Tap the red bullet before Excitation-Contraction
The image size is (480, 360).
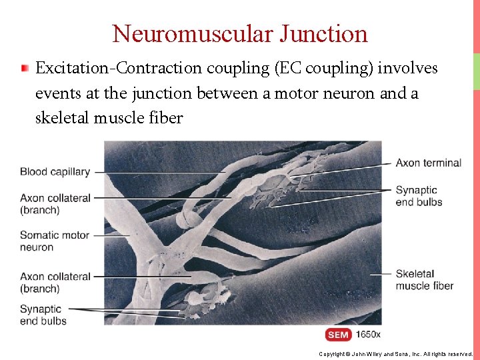[25, 68]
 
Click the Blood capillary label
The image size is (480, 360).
[55, 171]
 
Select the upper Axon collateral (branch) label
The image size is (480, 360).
[55, 203]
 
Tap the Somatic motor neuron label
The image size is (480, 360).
[55, 241]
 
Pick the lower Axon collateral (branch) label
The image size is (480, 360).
[55, 282]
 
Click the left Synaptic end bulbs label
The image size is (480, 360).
[43, 315]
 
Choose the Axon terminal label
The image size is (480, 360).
[428, 163]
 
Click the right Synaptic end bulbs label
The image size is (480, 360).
[419, 196]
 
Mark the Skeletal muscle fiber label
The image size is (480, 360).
[424, 279]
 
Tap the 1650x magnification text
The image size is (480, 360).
[369, 334]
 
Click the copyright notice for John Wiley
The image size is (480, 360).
[395, 354]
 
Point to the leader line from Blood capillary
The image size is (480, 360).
[160, 171]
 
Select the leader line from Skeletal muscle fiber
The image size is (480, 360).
[380, 274]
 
